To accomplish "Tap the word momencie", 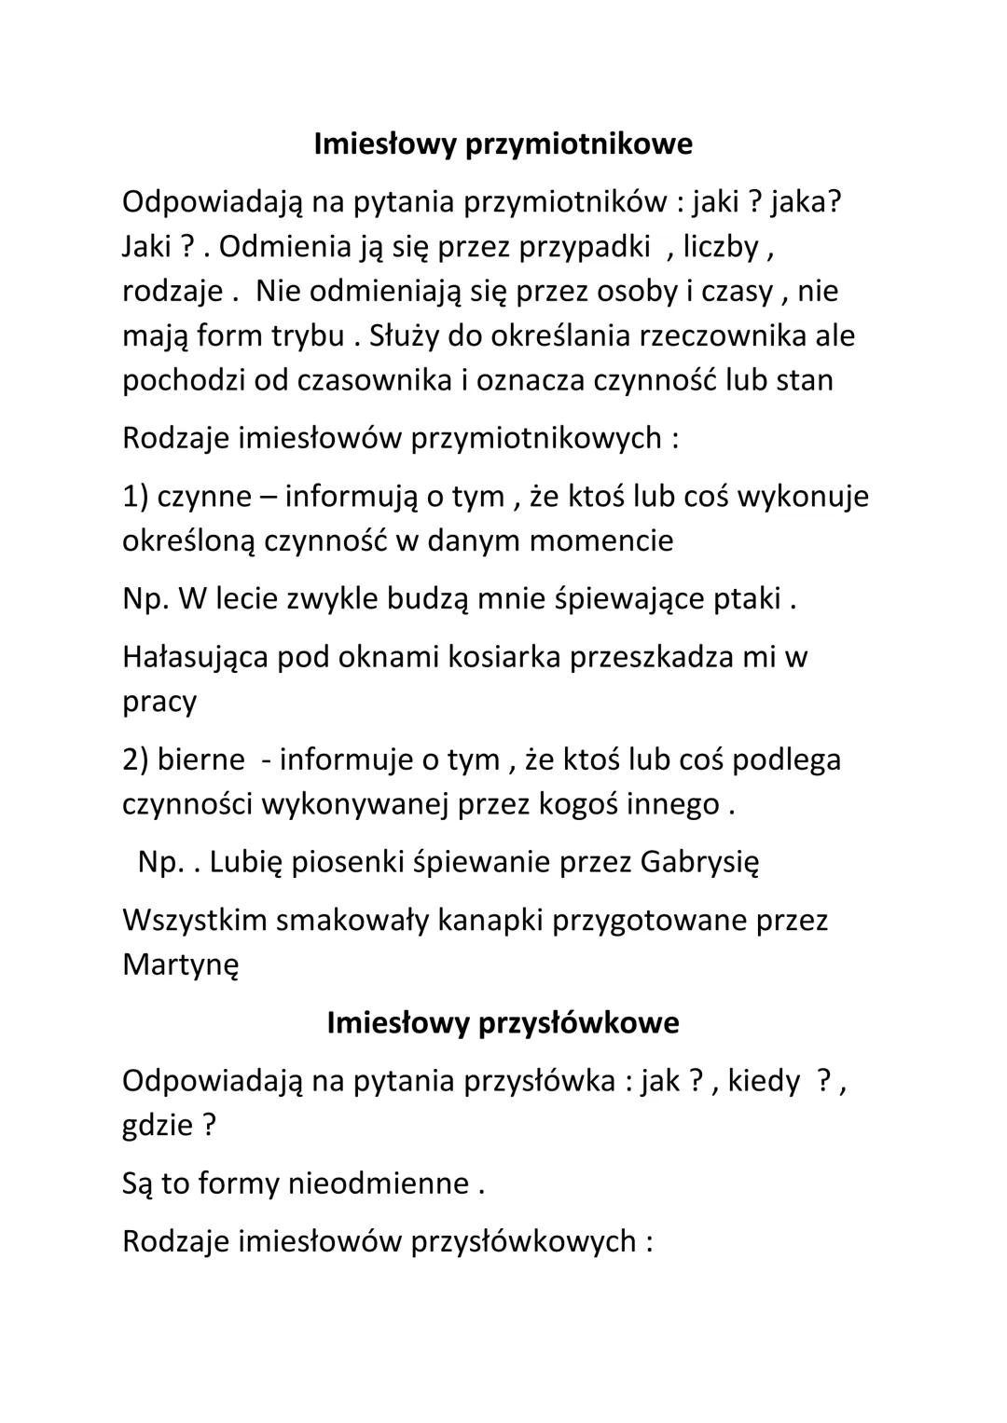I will pos(600,540).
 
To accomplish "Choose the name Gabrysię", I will pos(699,862).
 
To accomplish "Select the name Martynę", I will pos(180,965).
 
